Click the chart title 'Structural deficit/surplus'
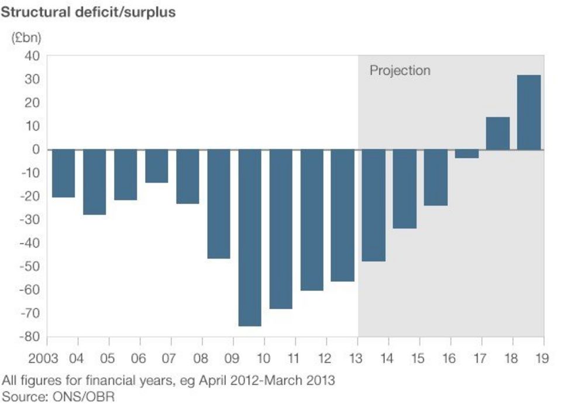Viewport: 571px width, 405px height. pyautogui.click(x=88, y=12)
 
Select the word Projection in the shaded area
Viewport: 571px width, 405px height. pyautogui.click(x=400, y=71)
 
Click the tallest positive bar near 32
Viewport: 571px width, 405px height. pyautogui.click(x=529, y=112)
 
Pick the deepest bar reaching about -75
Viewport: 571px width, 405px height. pyautogui.click(x=250, y=237)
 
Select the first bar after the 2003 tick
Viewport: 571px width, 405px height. pyautogui.click(x=63, y=173)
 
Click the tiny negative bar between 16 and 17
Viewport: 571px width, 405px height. pyautogui.click(x=467, y=154)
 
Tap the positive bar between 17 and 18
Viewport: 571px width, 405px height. pyautogui.click(x=498, y=134)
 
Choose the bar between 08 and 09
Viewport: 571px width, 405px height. pyautogui.click(x=219, y=204)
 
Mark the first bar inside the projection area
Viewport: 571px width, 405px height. pyautogui.click(x=374, y=205)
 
